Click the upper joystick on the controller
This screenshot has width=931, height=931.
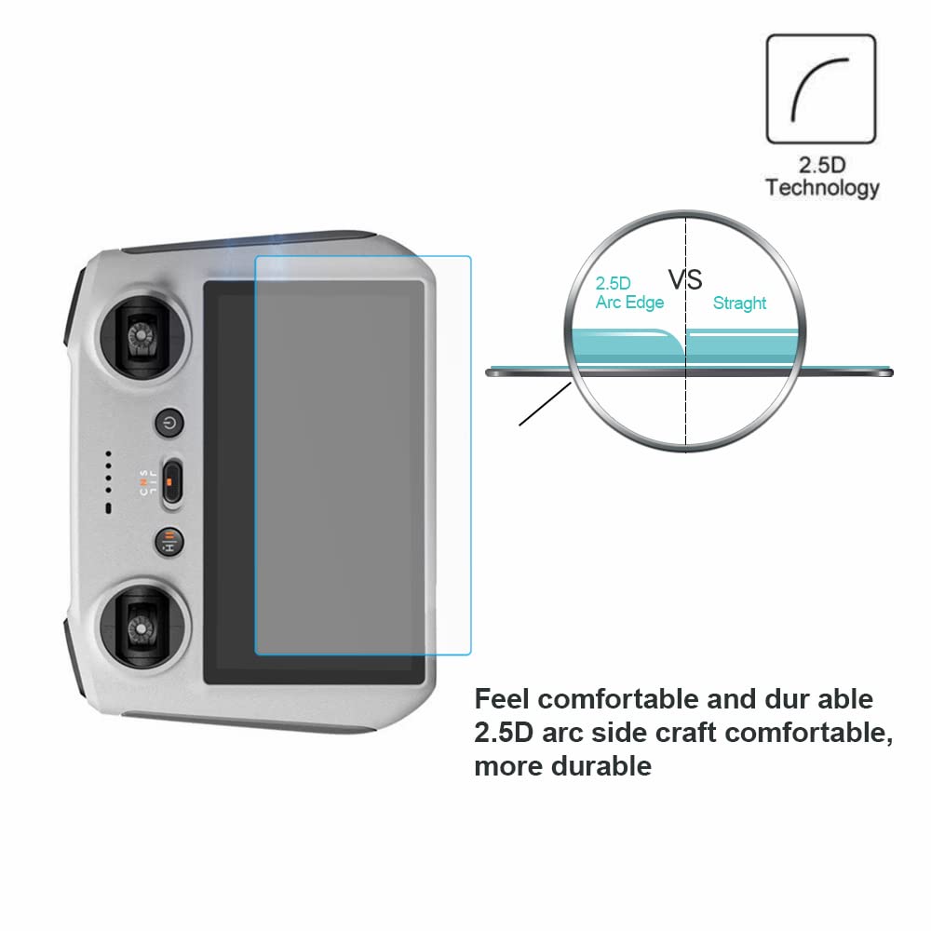tap(142, 337)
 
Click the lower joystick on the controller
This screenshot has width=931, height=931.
tap(142, 627)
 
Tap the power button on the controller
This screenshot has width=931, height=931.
tap(169, 423)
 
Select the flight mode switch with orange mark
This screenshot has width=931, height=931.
tap(171, 482)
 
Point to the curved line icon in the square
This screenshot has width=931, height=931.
tap(819, 89)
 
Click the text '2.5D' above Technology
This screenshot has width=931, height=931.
tap(821, 165)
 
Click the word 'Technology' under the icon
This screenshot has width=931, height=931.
tap(822, 188)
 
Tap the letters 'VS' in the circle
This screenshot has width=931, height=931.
tap(685, 279)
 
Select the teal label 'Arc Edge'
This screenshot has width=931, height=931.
tap(629, 303)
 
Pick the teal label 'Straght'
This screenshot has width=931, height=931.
tap(739, 303)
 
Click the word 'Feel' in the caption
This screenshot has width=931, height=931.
tap(502, 699)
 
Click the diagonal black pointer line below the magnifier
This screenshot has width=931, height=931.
tap(545, 404)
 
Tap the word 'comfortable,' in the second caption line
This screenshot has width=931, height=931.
tap(809, 733)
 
